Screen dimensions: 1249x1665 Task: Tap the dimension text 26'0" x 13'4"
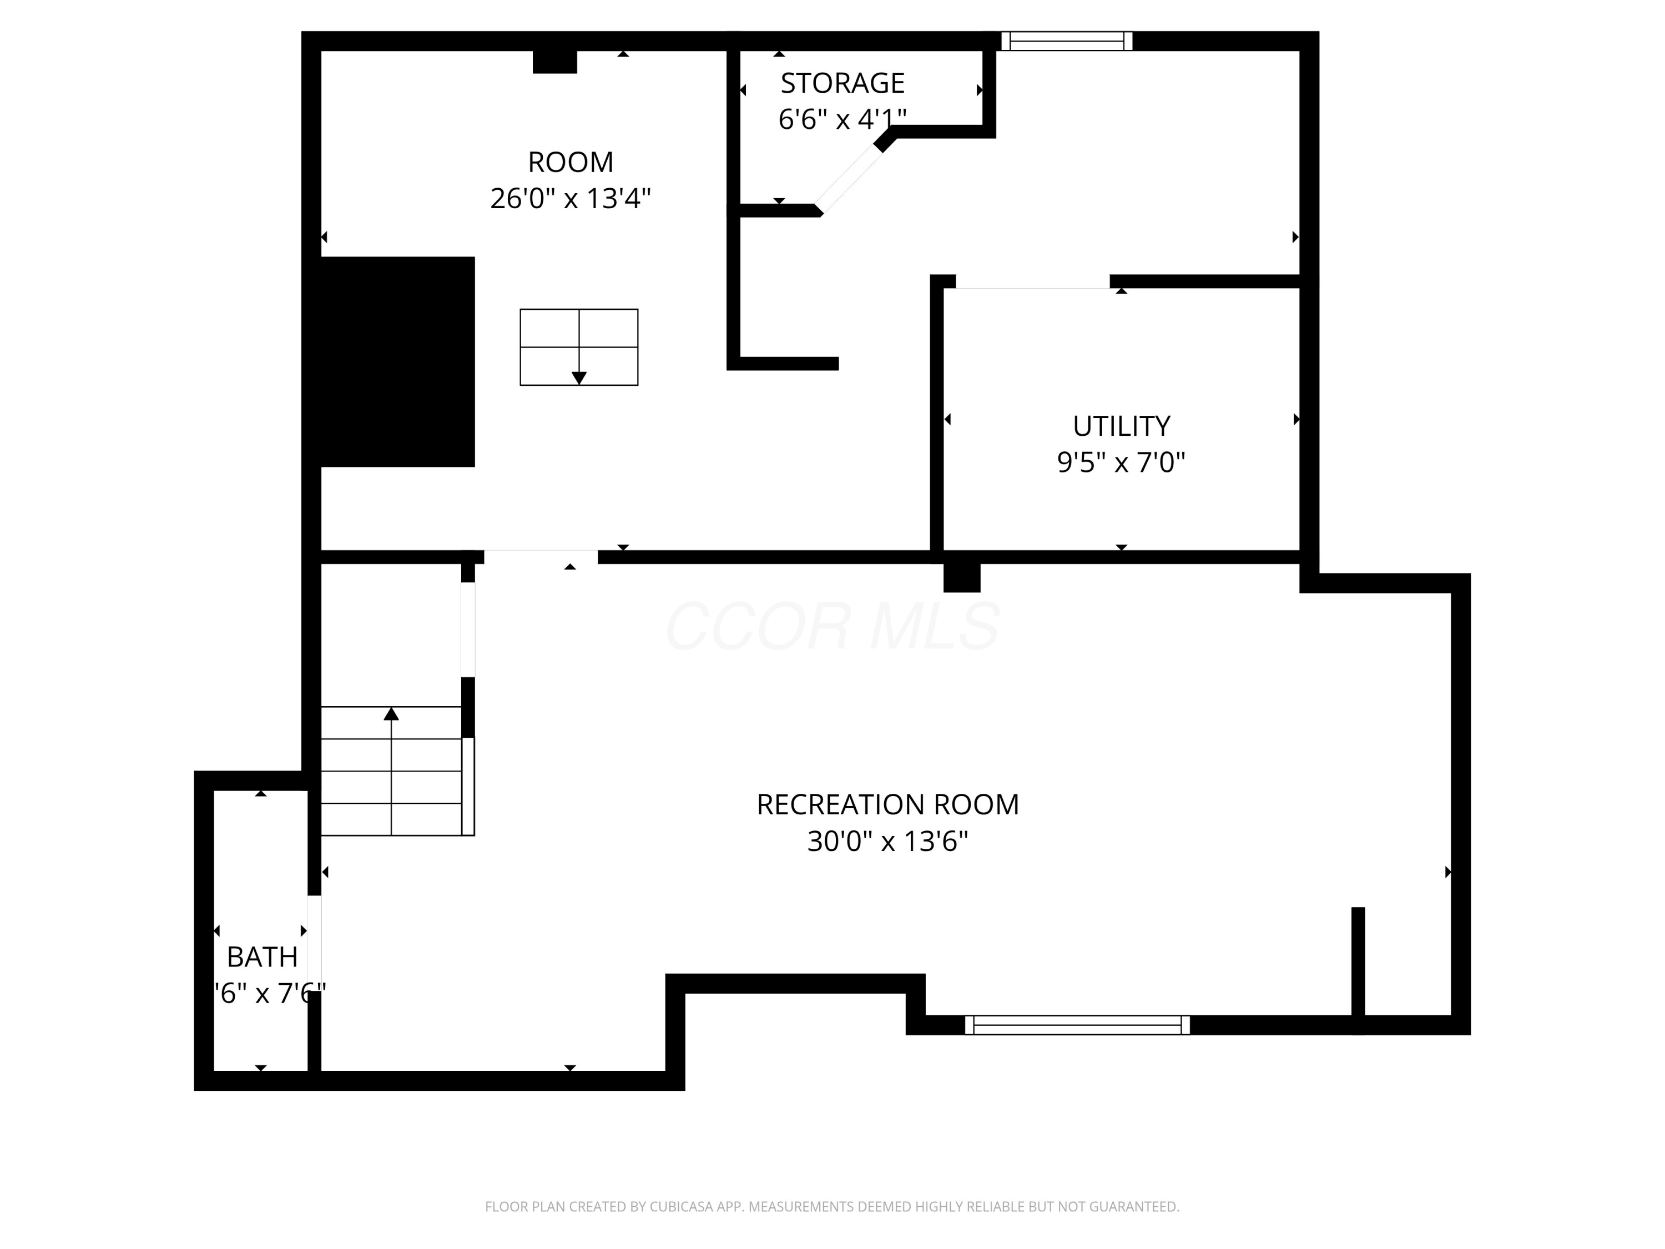pyautogui.click(x=570, y=199)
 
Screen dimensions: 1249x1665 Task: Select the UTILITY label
pyautogui.click(x=1121, y=426)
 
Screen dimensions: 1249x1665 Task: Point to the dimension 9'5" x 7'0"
pyautogui.click(x=1121, y=462)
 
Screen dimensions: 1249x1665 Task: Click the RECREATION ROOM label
pyautogui.click(x=887, y=805)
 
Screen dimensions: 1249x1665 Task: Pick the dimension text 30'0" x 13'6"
pyautogui.click(x=887, y=841)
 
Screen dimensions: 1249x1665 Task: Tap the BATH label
pyautogui.click(x=262, y=957)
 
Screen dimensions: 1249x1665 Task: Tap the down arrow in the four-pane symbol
pyautogui.click(x=579, y=377)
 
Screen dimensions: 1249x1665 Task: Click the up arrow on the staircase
pyautogui.click(x=391, y=714)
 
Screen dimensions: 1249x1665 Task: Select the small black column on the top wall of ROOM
pyautogui.click(x=555, y=62)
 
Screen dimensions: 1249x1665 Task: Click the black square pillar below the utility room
pyautogui.click(x=961, y=577)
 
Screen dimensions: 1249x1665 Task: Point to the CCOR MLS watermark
pyautogui.click(x=832, y=626)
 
